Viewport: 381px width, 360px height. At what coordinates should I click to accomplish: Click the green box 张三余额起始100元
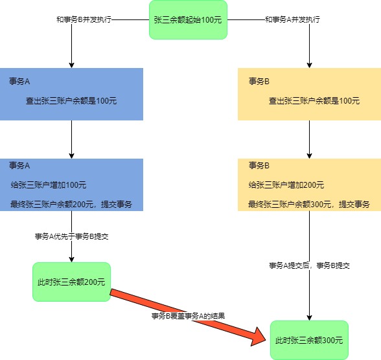point(188,19)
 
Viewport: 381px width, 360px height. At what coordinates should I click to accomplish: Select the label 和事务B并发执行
point(85,19)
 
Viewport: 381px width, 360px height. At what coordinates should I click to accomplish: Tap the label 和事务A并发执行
point(292,19)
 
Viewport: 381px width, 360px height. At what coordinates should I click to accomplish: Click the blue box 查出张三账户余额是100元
point(71,95)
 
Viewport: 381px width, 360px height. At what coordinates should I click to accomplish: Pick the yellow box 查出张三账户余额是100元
point(309,95)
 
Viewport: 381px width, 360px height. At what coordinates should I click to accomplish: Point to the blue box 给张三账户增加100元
point(71,185)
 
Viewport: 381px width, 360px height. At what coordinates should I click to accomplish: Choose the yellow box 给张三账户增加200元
point(309,185)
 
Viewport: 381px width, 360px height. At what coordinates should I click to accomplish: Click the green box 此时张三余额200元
point(71,282)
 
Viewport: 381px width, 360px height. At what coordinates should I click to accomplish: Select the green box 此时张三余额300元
point(309,340)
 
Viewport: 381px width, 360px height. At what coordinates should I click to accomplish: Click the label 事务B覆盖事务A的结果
point(188,316)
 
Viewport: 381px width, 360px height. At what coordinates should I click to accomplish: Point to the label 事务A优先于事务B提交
point(71,236)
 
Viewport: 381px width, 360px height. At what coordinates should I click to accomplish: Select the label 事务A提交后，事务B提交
point(310,265)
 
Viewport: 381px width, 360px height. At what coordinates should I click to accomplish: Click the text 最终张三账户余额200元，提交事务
point(71,205)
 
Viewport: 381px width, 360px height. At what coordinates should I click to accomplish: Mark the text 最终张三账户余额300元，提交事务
point(309,205)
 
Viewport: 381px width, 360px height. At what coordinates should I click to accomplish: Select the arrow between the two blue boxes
point(71,139)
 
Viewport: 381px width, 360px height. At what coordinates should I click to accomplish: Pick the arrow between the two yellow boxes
point(310,139)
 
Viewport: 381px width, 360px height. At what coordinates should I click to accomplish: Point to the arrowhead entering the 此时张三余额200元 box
point(71,258)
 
